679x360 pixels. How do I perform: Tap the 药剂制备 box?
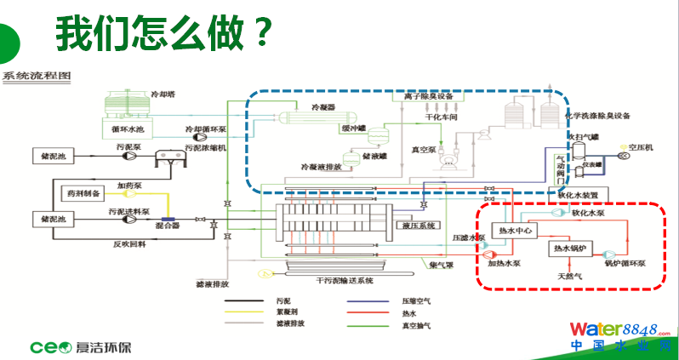click(x=84, y=193)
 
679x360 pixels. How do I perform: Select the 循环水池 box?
click(x=128, y=129)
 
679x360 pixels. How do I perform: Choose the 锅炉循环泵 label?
click(x=625, y=264)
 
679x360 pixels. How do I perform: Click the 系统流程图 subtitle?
click(x=37, y=76)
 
